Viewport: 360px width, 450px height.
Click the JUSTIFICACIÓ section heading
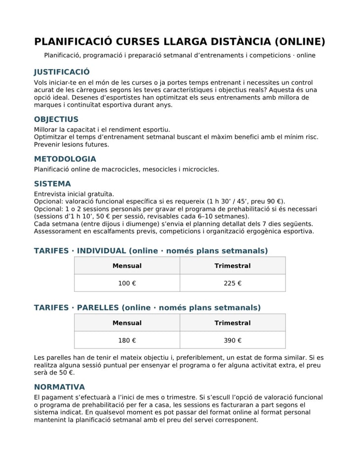click(x=62, y=72)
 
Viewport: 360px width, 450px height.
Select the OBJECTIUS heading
click(x=56, y=119)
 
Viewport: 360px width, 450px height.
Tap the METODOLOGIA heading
click(x=65, y=159)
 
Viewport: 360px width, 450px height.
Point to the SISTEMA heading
click(x=52, y=184)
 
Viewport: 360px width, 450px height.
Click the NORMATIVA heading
click(x=59, y=387)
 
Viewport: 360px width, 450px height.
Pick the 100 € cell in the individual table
click(x=127, y=283)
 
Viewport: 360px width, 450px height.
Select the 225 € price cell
click(x=232, y=283)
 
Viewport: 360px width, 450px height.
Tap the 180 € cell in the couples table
click(x=127, y=340)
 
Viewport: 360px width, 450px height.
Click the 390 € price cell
click(x=232, y=340)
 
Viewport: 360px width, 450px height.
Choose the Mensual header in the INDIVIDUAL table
click(x=127, y=266)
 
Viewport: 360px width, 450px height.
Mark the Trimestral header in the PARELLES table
click(x=232, y=323)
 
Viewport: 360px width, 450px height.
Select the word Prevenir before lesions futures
click(x=48, y=144)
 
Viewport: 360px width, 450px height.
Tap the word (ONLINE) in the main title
click(x=300, y=41)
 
